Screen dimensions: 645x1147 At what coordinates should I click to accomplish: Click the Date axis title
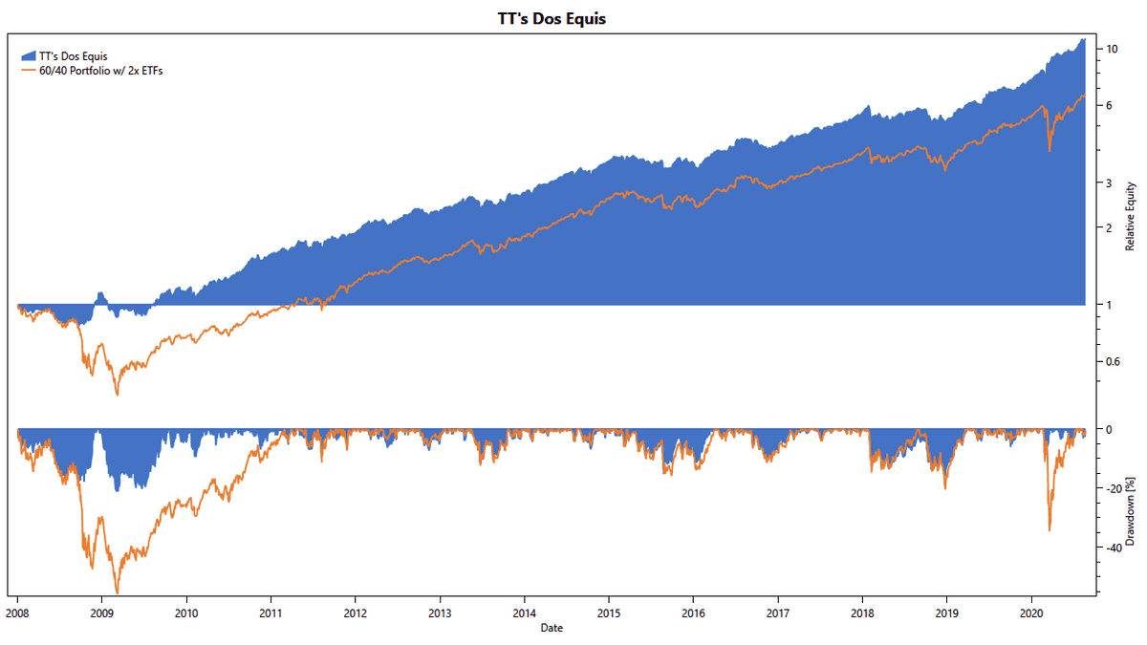[x=552, y=628]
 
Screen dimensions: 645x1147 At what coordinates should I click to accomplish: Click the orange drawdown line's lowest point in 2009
[x=118, y=592]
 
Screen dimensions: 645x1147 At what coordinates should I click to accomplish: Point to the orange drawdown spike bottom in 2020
[x=1050, y=530]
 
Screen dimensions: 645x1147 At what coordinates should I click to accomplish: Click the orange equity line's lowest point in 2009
[x=118, y=395]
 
